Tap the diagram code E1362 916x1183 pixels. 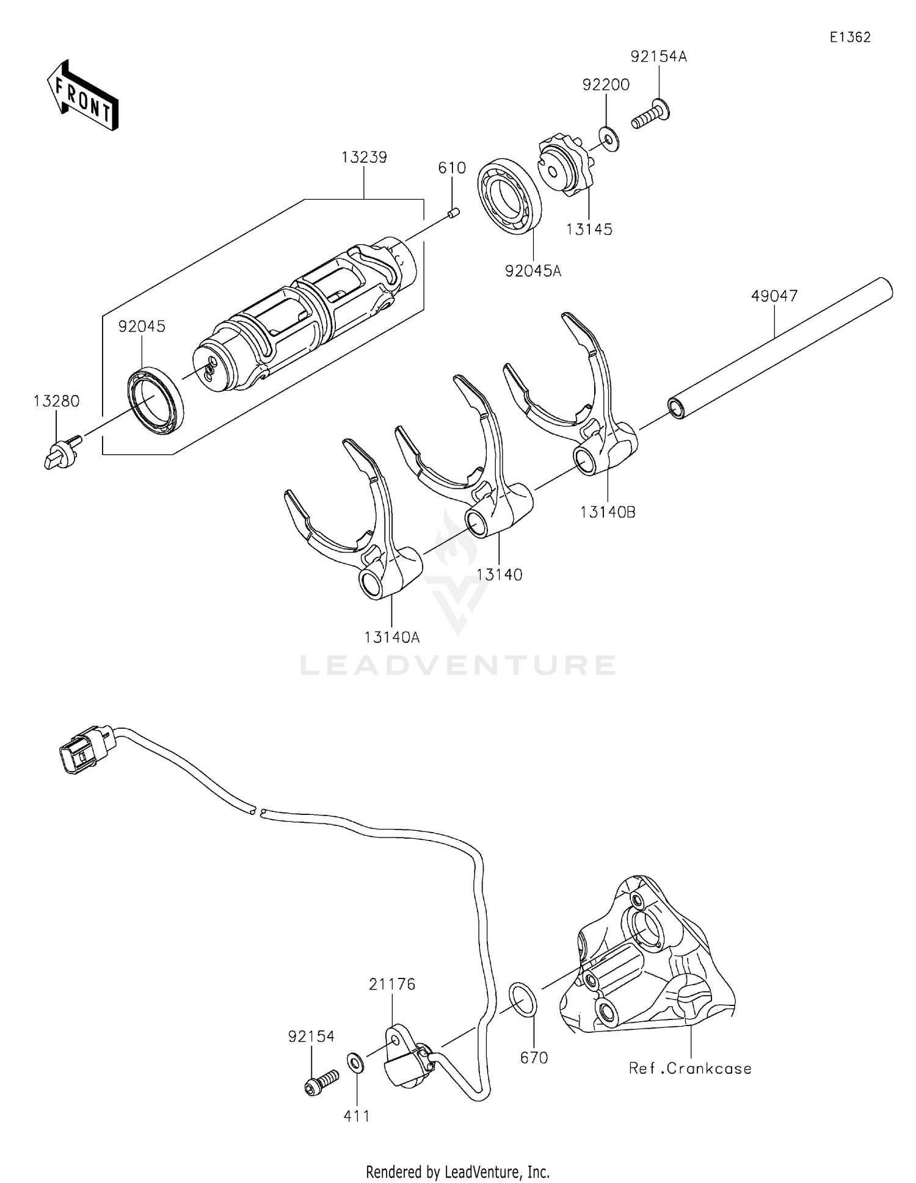(x=849, y=37)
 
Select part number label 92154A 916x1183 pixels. (x=658, y=57)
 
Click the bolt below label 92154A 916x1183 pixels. (x=650, y=114)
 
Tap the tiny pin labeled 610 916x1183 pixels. (x=453, y=213)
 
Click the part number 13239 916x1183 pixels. (x=364, y=157)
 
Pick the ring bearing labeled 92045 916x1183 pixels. (x=156, y=400)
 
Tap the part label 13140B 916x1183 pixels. (x=608, y=513)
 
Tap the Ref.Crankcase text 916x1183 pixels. (x=690, y=1068)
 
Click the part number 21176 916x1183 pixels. (x=391, y=984)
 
